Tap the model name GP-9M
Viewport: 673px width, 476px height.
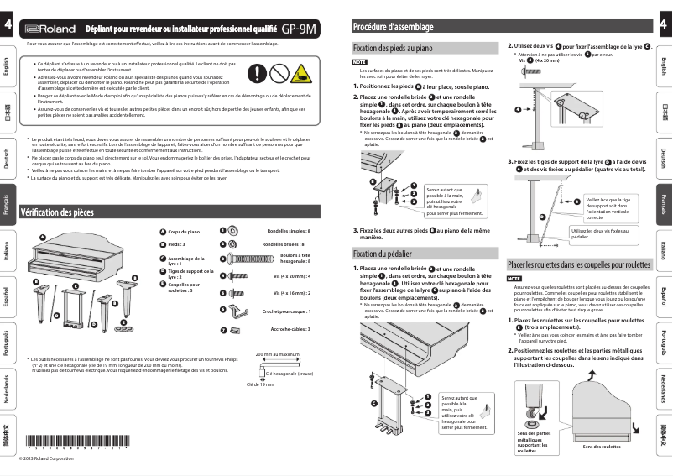(299, 28)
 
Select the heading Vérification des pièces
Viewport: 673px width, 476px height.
(57, 212)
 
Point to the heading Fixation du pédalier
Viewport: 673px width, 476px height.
(382, 253)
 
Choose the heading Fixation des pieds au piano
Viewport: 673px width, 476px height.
(393, 49)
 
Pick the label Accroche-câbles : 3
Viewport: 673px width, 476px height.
(290, 329)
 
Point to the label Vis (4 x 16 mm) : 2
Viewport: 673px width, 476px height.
(291, 293)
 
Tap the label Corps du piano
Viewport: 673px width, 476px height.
(183, 230)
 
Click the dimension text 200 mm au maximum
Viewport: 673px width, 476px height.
(277, 354)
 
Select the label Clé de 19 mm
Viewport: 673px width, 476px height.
(260, 384)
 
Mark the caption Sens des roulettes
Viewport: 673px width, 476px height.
(602, 447)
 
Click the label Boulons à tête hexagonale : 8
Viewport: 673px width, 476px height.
(295, 258)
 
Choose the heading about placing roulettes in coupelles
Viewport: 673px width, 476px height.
(579, 264)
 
